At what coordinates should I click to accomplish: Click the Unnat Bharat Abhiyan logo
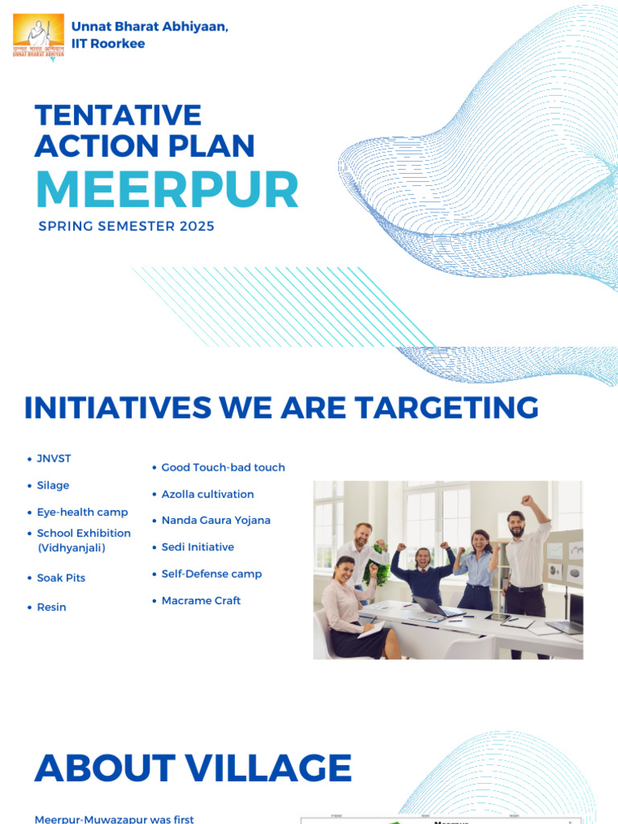[38, 35]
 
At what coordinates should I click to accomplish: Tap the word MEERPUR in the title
[167, 190]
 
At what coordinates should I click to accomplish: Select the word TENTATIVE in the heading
[118, 115]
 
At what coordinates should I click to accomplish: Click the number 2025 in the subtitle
[197, 226]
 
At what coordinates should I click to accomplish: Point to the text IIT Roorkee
[108, 43]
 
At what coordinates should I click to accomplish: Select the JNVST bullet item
[54, 459]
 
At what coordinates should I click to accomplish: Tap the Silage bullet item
[53, 485]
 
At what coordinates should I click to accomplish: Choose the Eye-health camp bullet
[82, 512]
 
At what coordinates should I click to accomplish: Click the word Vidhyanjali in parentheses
[72, 548]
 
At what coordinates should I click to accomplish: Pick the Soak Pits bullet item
[61, 578]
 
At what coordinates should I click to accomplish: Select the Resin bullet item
[51, 607]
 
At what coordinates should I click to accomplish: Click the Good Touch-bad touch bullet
[223, 468]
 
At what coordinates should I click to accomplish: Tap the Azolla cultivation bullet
[208, 494]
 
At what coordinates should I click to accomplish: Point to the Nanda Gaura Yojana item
[216, 521]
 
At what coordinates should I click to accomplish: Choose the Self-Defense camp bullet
[212, 574]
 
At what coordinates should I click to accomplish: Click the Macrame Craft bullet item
[201, 600]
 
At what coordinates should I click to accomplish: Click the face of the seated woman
[345, 571]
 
